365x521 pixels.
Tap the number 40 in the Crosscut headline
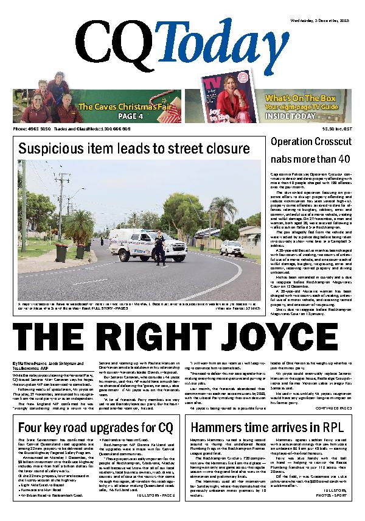pos(344,159)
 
